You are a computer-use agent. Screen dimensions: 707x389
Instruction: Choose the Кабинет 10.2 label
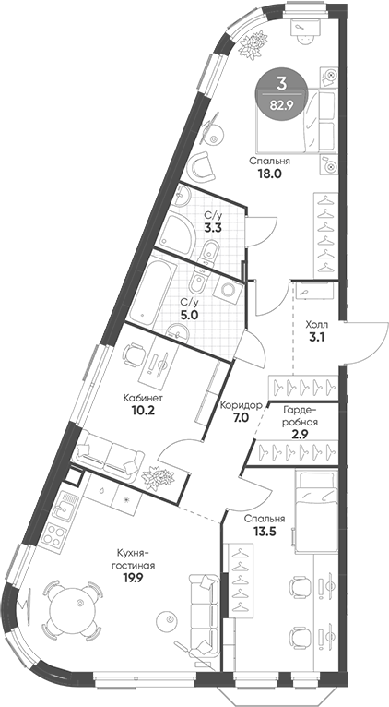pyautogui.click(x=143, y=407)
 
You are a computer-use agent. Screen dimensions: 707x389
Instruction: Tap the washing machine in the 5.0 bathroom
pyautogui.click(x=226, y=289)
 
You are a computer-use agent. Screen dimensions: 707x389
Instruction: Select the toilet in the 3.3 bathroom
pyautogui.click(x=211, y=248)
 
